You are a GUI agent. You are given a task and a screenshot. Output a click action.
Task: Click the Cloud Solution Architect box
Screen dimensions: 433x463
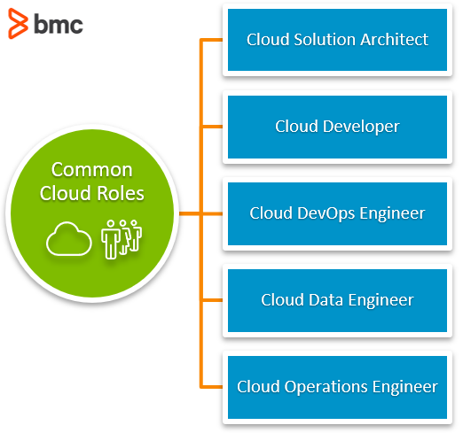coord(337,40)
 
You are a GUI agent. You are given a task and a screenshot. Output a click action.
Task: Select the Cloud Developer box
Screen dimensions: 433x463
coord(337,127)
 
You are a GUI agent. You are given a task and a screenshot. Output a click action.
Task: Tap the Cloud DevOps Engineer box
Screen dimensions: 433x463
coord(337,213)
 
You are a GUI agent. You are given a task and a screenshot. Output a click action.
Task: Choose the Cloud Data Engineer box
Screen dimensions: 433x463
coord(337,300)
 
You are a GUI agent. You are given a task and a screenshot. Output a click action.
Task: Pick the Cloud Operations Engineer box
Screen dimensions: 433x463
coord(337,387)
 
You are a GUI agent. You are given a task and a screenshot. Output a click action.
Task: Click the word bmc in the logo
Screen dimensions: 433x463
coord(58,25)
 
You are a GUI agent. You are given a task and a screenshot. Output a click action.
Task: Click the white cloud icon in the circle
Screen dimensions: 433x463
coord(69,239)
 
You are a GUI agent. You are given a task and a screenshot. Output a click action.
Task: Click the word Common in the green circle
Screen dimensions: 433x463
coord(92,170)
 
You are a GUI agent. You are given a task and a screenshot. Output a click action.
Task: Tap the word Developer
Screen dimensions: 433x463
coord(361,127)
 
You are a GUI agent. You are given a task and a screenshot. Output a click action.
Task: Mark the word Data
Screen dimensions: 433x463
coord(320,300)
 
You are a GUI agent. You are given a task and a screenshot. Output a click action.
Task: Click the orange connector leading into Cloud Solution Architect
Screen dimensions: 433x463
coord(213,40)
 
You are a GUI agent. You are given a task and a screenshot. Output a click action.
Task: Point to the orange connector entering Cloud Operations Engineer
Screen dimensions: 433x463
coord(213,387)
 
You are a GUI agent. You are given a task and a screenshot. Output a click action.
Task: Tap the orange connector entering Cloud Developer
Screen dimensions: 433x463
coord(213,127)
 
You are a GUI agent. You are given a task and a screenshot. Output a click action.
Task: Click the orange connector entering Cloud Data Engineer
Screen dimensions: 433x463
coord(213,300)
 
